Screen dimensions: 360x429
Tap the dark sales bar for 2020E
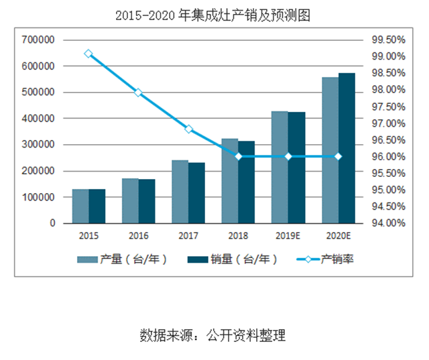[347, 148]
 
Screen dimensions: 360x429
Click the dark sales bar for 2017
[196, 192]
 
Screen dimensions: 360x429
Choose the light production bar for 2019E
[280, 167]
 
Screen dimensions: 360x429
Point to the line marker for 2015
[88, 54]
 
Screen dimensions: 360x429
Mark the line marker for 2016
[138, 93]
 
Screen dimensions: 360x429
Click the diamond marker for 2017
[188, 129]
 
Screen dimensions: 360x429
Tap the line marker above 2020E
[338, 156]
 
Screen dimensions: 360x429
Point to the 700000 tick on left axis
[38, 40]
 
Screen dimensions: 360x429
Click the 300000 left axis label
[38, 145]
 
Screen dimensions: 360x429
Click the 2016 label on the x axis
[138, 235]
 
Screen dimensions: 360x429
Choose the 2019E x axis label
[288, 235]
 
